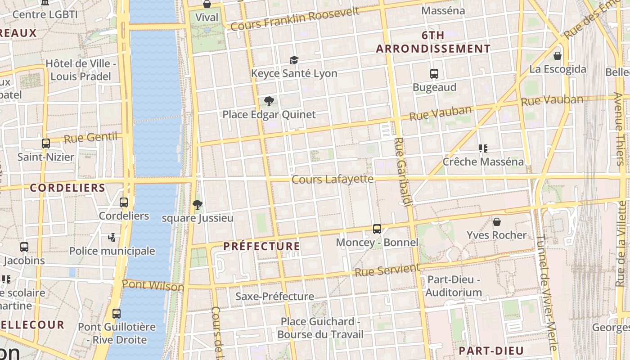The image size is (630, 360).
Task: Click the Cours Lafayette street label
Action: click(x=333, y=179)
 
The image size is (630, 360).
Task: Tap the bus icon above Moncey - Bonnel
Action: click(x=377, y=229)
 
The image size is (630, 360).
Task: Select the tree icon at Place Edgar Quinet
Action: click(x=269, y=101)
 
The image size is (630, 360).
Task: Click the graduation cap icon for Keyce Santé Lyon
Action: click(x=294, y=60)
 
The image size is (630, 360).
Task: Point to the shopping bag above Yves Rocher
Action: click(x=497, y=222)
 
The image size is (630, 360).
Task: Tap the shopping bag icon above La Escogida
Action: click(x=558, y=56)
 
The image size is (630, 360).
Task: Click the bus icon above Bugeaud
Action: click(x=434, y=74)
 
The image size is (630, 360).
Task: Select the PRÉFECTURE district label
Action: click(x=261, y=246)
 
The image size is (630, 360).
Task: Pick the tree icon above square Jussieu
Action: click(x=197, y=205)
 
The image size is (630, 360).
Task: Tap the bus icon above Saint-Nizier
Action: click(x=46, y=144)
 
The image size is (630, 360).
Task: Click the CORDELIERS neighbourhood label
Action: click(x=67, y=188)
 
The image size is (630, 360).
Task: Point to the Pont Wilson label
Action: click(x=153, y=285)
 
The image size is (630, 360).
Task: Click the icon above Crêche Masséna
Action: click(x=483, y=148)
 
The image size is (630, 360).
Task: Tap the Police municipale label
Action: click(x=112, y=251)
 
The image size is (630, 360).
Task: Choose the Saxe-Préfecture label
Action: click(x=274, y=296)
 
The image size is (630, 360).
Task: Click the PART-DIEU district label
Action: click(x=491, y=351)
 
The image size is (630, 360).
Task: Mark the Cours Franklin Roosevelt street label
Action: click(x=295, y=19)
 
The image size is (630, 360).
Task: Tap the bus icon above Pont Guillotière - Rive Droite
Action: click(x=117, y=313)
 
